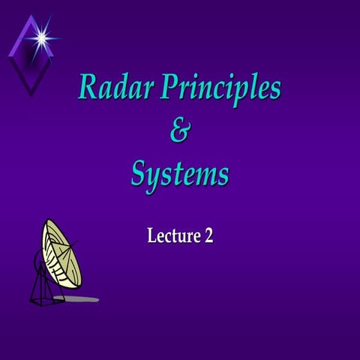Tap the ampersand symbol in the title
click(180, 133)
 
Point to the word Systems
click(180, 175)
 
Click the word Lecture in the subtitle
click(172, 235)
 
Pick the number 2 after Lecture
click(208, 235)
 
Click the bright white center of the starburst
click(40, 35)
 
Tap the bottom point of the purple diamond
click(30, 94)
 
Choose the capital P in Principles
click(166, 88)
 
